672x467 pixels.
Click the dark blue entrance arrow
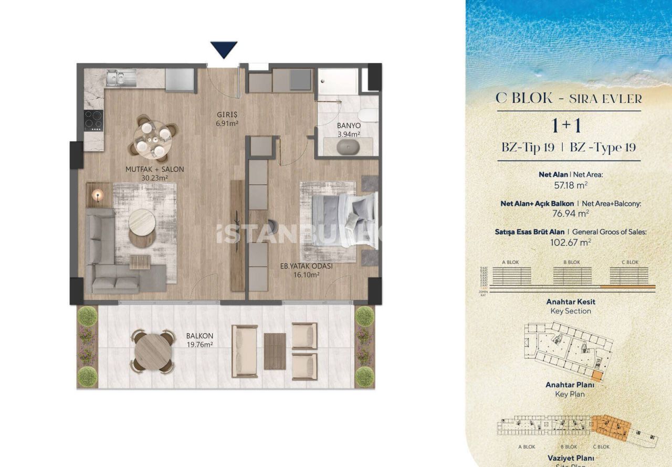tap(224, 49)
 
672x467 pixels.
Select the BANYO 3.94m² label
tap(349, 130)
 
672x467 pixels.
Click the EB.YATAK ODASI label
tap(308, 269)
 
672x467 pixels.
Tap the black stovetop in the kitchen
tap(93, 120)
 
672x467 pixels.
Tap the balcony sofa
tap(244, 351)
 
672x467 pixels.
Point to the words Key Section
tap(571, 311)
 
